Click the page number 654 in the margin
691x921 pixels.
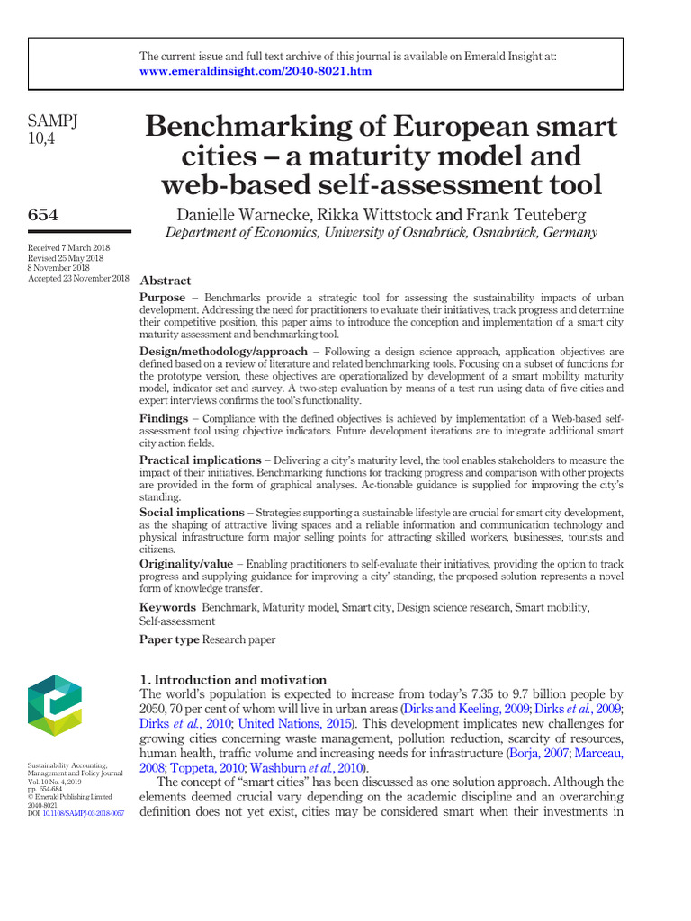[x=44, y=213]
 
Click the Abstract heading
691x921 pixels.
[x=166, y=281]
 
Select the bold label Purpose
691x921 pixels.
[x=163, y=297]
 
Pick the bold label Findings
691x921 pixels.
[x=164, y=419]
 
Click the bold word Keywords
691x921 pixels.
[x=166, y=608]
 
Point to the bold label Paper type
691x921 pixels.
[x=169, y=639]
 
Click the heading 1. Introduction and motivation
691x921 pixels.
[x=233, y=680]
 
